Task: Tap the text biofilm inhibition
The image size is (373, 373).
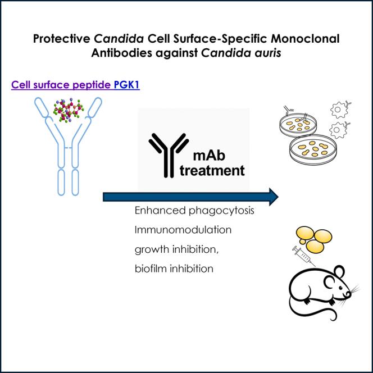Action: [174, 269]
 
